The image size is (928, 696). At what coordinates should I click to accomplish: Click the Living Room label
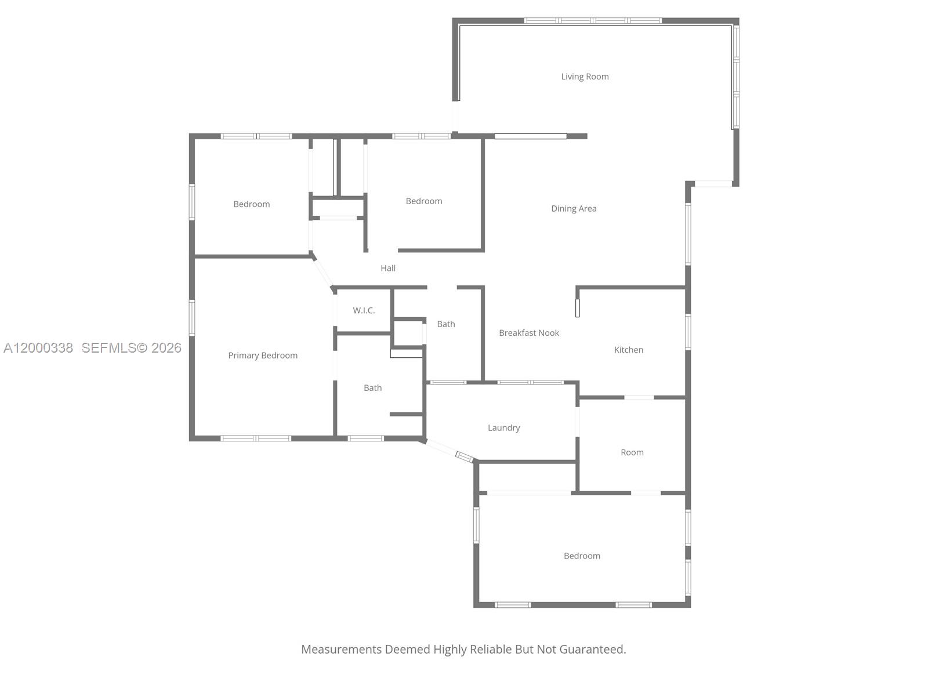coord(585,77)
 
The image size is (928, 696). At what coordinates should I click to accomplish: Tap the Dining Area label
coord(574,209)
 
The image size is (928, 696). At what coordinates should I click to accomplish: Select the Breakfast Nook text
coord(529,333)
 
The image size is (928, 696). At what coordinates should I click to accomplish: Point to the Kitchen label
coord(629,350)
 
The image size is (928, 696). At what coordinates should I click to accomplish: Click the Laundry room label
coord(503,428)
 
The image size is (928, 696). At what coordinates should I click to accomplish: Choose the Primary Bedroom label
coord(263,356)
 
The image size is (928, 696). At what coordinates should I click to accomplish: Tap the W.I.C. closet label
coord(364,310)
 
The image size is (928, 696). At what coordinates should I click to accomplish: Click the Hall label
coord(388,268)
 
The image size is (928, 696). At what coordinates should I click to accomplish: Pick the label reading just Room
coord(632,452)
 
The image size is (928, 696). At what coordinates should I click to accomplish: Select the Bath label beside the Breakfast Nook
coord(446,324)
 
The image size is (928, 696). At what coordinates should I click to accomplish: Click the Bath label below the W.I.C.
coord(373,388)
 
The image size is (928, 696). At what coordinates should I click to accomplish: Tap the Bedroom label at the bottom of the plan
coord(582,556)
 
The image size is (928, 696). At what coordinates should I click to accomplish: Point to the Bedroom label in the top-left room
coord(252,204)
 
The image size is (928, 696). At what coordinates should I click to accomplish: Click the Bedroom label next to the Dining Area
coord(424,201)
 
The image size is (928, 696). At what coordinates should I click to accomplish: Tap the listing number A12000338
coord(38,347)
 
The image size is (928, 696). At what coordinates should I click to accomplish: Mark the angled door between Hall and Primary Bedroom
coord(322,271)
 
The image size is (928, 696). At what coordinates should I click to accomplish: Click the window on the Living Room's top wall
coord(593,21)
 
